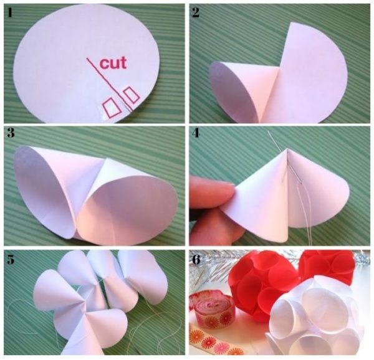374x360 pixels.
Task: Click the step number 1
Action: (9, 12)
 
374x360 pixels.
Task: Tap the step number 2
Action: (195, 12)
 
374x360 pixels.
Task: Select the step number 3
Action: (11, 133)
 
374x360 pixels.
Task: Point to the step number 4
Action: (196, 133)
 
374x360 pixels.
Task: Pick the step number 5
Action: (11, 260)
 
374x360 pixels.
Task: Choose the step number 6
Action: (196, 260)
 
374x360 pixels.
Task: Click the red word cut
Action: (113, 63)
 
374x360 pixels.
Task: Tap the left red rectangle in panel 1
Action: (111, 108)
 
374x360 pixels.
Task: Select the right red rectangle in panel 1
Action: (130, 95)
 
